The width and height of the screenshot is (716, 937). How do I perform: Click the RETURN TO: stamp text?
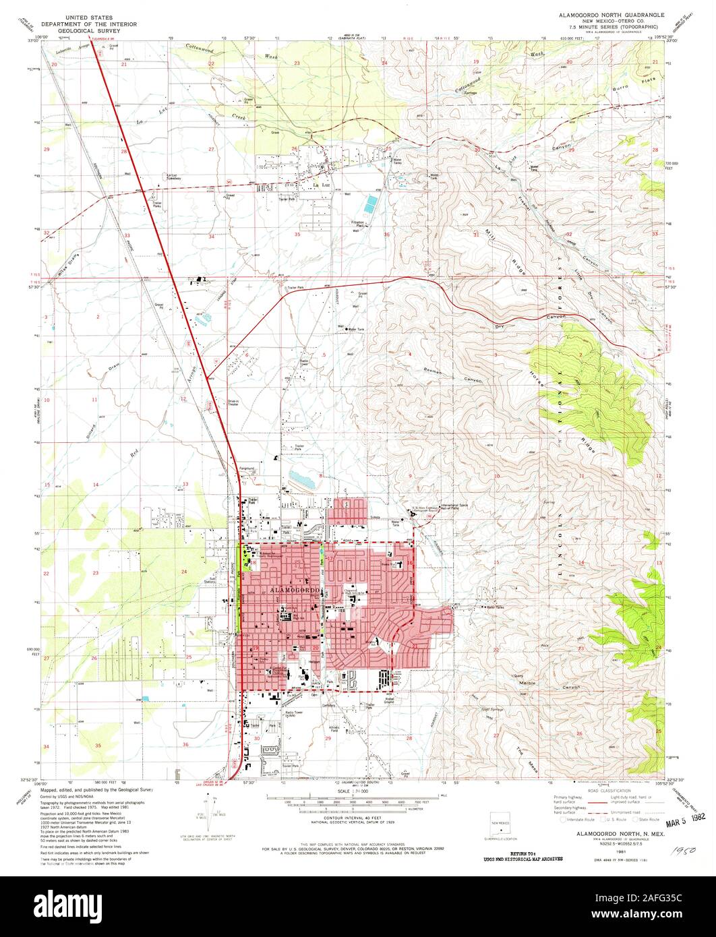(523, 853)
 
